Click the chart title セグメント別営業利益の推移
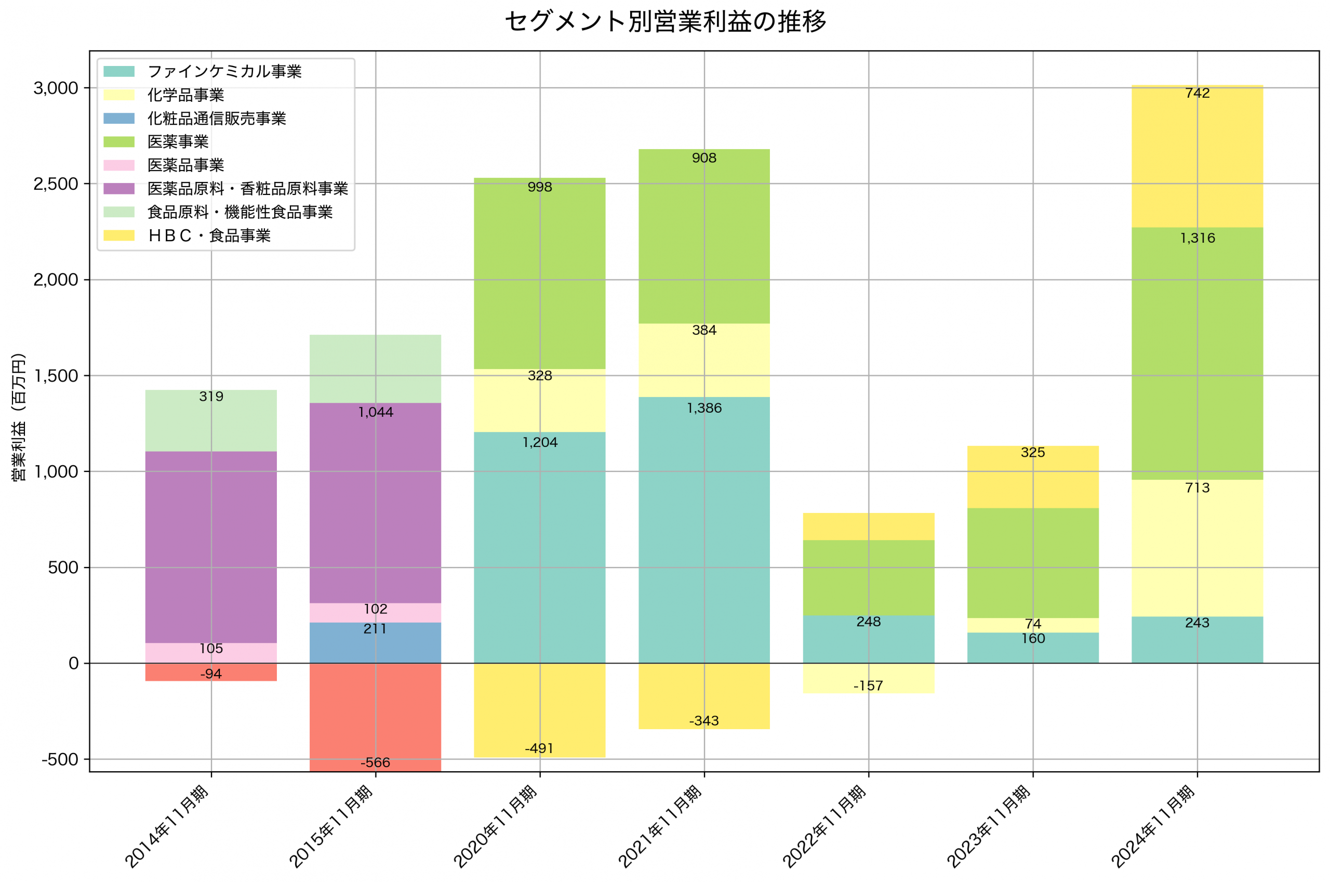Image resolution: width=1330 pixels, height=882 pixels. [665, 22]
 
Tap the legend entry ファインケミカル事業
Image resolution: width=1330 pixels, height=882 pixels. [224, 71]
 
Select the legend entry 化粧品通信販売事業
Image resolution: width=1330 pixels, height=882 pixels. [217, 118]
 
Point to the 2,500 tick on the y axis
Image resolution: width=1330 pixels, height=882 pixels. [56, 184]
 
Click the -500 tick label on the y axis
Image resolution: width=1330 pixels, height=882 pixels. [60, 759]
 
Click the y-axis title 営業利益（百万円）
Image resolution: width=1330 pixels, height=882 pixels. [19, 417]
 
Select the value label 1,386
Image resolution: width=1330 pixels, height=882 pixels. [704, 408]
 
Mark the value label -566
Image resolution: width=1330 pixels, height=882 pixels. [375, 762]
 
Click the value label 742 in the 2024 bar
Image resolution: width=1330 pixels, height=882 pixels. [1197, 93]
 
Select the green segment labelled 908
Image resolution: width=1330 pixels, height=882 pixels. [704, 236]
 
